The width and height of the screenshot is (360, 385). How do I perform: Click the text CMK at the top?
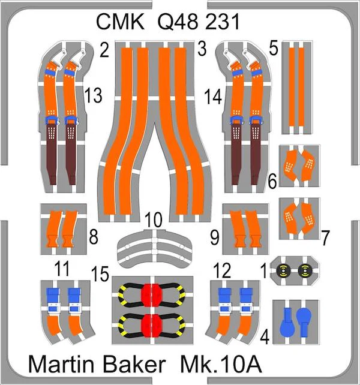(120, 22)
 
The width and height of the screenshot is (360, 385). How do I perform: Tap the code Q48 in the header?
(178, 22)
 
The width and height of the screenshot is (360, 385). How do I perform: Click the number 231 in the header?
(221, 22)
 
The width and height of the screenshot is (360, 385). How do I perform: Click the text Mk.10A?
(220, 364)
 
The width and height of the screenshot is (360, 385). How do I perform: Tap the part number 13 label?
(93, 96)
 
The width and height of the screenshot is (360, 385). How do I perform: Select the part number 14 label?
(213, 97)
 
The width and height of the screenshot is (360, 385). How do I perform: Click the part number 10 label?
(154, 219)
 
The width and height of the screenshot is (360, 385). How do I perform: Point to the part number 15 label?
(100, 274)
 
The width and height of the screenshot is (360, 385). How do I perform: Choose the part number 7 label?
(325, 237)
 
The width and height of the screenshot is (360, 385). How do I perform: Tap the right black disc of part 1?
(305, 271)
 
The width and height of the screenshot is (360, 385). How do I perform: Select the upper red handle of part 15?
(152, 295)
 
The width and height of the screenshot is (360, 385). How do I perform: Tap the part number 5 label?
(274, 49)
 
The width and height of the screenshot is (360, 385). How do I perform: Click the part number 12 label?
(223, 270)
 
